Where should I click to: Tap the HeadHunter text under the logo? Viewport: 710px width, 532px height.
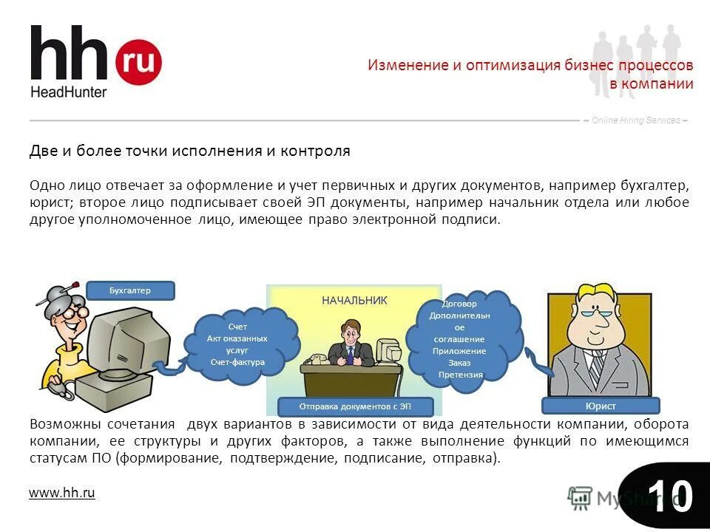(69, 92)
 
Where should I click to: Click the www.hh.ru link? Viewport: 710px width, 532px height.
(62, 492)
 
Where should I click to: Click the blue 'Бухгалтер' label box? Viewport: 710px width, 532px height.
(130, 290)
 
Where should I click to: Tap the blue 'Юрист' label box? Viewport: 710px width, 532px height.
(600, 406)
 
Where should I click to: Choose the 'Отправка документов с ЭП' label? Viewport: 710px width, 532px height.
(354, 406)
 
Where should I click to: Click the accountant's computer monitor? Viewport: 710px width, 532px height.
(118, 337)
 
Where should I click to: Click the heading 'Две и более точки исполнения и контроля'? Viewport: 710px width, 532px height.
(189, 151)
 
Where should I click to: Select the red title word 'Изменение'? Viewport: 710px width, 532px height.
(408, 65)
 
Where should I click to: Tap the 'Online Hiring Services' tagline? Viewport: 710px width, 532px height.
(635, 120)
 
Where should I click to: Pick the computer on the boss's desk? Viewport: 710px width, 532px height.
(387, 350)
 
